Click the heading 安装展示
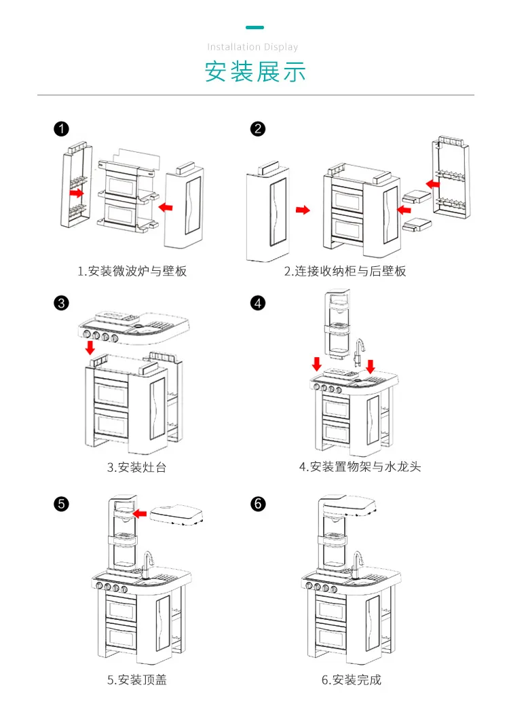tap(255, 72)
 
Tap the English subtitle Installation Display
tap(252, 47)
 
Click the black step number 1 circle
tap(62, 129)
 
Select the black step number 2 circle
tap(258, 129)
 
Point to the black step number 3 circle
tap(62, 303)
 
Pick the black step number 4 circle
tap(258, 303)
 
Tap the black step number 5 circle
tap(62, 504)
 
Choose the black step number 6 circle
tap(258, 504)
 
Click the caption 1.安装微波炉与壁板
tap(132, 271)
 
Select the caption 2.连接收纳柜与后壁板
tap(345, 271)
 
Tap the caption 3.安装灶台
tap(136, 467)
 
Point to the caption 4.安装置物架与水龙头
tap(360, 467)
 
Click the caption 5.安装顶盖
tap(136, 680)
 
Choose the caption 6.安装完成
tap(352, 680)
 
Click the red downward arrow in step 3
tap(90, 347)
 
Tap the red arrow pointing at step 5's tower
tap(140, 513)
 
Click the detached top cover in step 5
tap(176, 515)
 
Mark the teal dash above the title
tap(255, 28)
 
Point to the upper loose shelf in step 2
tap(417, 196)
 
